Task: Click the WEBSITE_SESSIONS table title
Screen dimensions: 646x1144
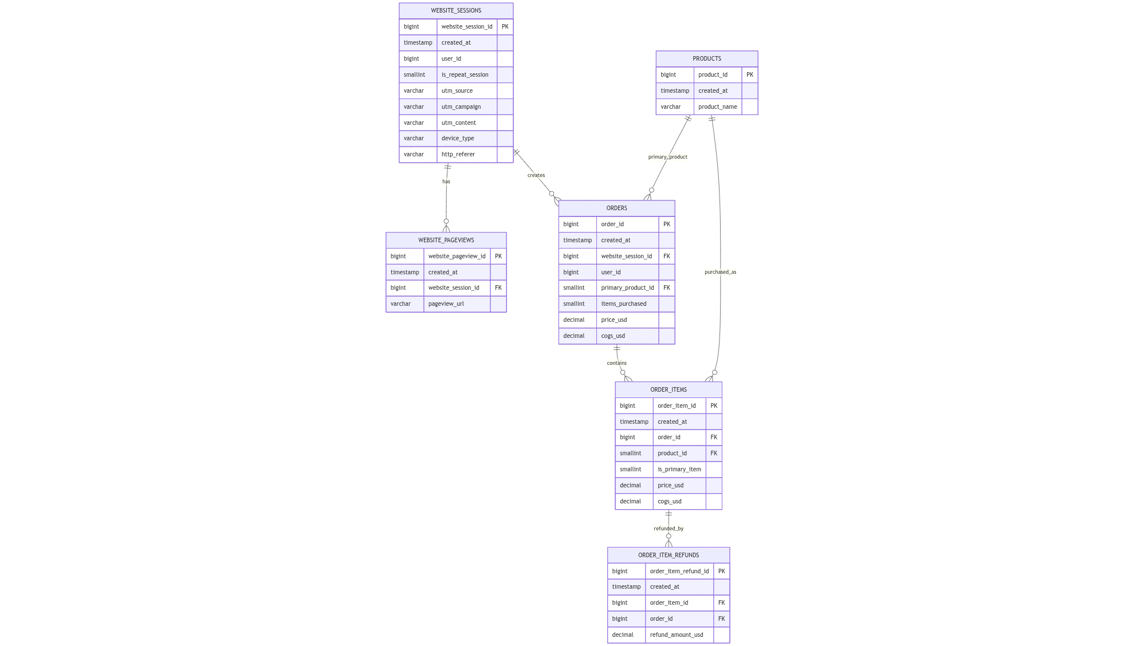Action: click(456, 11)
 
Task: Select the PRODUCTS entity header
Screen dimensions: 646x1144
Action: click(706, 59)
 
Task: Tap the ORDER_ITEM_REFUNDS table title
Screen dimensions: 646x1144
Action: click(668, 555)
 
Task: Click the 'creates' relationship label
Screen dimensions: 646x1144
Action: click(536, 175)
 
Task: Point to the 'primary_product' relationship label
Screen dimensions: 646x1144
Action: click(667, 157)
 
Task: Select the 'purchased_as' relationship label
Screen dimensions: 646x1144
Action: click(720, 272)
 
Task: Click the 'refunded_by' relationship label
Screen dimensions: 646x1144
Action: click(668, 529)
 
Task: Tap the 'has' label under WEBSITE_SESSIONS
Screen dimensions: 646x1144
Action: click(446, 182)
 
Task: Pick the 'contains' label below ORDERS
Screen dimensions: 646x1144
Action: click(616, 363)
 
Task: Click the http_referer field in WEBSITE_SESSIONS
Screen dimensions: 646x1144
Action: click(458, 155)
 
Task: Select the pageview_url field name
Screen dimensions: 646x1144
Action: click(446, 304)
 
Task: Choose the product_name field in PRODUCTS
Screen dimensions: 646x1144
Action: click(717, 107)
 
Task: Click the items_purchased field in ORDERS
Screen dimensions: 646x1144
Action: click(623, 304)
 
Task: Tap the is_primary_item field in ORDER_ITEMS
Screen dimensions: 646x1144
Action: click(679, 470)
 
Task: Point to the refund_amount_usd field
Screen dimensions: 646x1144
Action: click(676, 635)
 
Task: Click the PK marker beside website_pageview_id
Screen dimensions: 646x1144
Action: click(498, 257)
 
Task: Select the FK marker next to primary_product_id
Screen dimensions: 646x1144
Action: click(666, 288)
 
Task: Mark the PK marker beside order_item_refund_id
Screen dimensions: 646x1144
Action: click(721, 571)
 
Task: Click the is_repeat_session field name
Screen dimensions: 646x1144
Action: click(465, 75)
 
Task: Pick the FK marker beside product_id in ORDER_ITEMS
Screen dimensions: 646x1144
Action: click(713, 454)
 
